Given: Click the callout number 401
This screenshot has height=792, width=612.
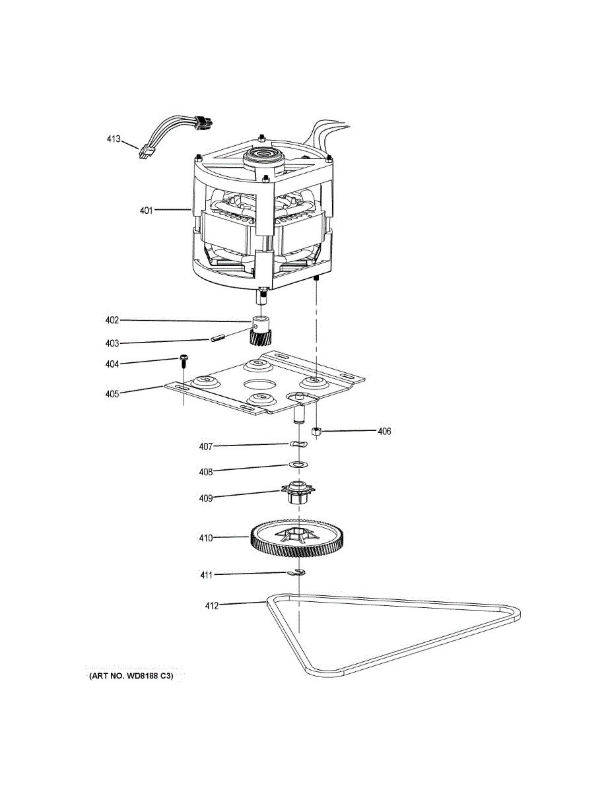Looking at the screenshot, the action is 146,211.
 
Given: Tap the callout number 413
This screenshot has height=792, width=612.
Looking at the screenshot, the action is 114,139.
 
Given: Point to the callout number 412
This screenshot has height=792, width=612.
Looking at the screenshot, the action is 212,605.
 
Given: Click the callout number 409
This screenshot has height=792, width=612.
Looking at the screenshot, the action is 206,498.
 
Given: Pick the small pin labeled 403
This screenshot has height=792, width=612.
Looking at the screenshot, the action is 217,340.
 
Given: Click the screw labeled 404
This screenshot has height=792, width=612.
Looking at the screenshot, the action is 183,360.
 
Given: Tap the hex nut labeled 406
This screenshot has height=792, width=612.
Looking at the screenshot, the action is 316,432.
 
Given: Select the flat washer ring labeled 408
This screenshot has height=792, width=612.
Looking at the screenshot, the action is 298,465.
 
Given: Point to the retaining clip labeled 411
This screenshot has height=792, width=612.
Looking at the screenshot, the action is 298,573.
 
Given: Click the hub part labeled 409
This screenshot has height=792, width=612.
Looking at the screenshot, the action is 298,494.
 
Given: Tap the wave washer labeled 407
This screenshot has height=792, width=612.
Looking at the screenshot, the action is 298,445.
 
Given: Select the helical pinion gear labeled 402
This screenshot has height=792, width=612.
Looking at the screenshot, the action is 259,333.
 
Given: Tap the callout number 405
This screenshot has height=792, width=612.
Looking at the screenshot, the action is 112,394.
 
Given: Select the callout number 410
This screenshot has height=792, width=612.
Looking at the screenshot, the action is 206,538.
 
